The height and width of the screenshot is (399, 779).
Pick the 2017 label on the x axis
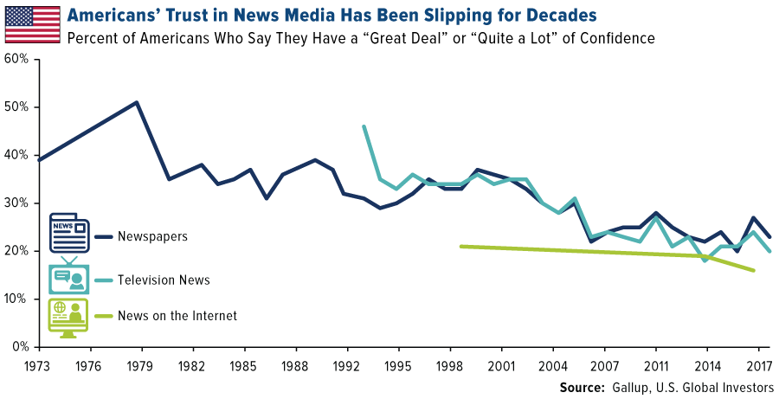[758, 364]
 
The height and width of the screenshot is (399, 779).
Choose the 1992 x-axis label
[348, 364]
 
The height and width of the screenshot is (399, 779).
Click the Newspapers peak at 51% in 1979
[137, 102]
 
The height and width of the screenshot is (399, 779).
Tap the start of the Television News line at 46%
[364, 126]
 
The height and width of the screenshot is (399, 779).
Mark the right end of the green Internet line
[754, 270]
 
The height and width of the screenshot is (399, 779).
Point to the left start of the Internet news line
[460, 246]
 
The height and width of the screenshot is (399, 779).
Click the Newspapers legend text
[151, 235]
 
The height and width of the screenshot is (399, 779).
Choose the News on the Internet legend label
[176, 316]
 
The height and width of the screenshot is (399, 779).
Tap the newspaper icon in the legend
[69, 233]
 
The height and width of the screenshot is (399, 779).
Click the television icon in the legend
[69, 276]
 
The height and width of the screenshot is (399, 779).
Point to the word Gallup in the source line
[638, 387]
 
